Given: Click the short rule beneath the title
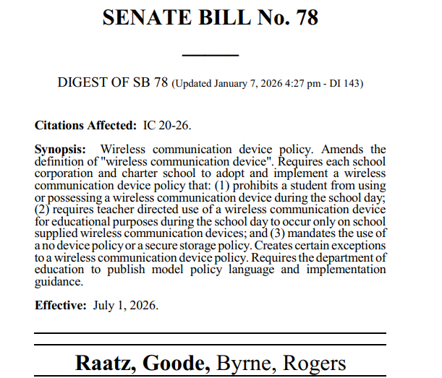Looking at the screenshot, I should (210, 56).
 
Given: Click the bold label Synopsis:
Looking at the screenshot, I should (61, 149).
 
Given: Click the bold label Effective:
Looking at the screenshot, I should (61, 305).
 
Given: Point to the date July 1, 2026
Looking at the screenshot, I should (126, 305).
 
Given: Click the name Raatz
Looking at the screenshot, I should (106, 364).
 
